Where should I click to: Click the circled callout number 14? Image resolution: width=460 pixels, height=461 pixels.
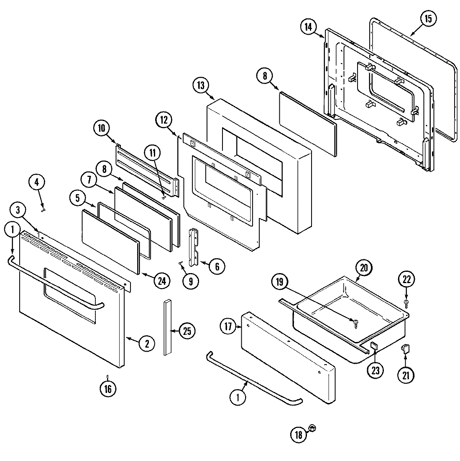(308, 27)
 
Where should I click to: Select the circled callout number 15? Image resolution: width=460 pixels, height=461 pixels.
(429, 19)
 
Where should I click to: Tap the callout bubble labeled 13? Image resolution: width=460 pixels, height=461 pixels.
(201, 85)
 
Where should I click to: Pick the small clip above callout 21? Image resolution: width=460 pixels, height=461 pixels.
(405, 347)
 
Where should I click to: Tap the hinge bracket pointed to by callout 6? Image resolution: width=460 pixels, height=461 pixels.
(194, 247)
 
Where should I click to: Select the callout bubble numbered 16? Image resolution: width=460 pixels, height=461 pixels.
(108, 388)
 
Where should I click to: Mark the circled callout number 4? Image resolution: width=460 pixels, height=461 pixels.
(37, 182)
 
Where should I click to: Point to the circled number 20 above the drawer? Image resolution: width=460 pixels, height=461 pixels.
(363, 268)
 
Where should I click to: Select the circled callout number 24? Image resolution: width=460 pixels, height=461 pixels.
(162, 281)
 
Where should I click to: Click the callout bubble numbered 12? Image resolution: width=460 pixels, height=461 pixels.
(164, 120)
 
